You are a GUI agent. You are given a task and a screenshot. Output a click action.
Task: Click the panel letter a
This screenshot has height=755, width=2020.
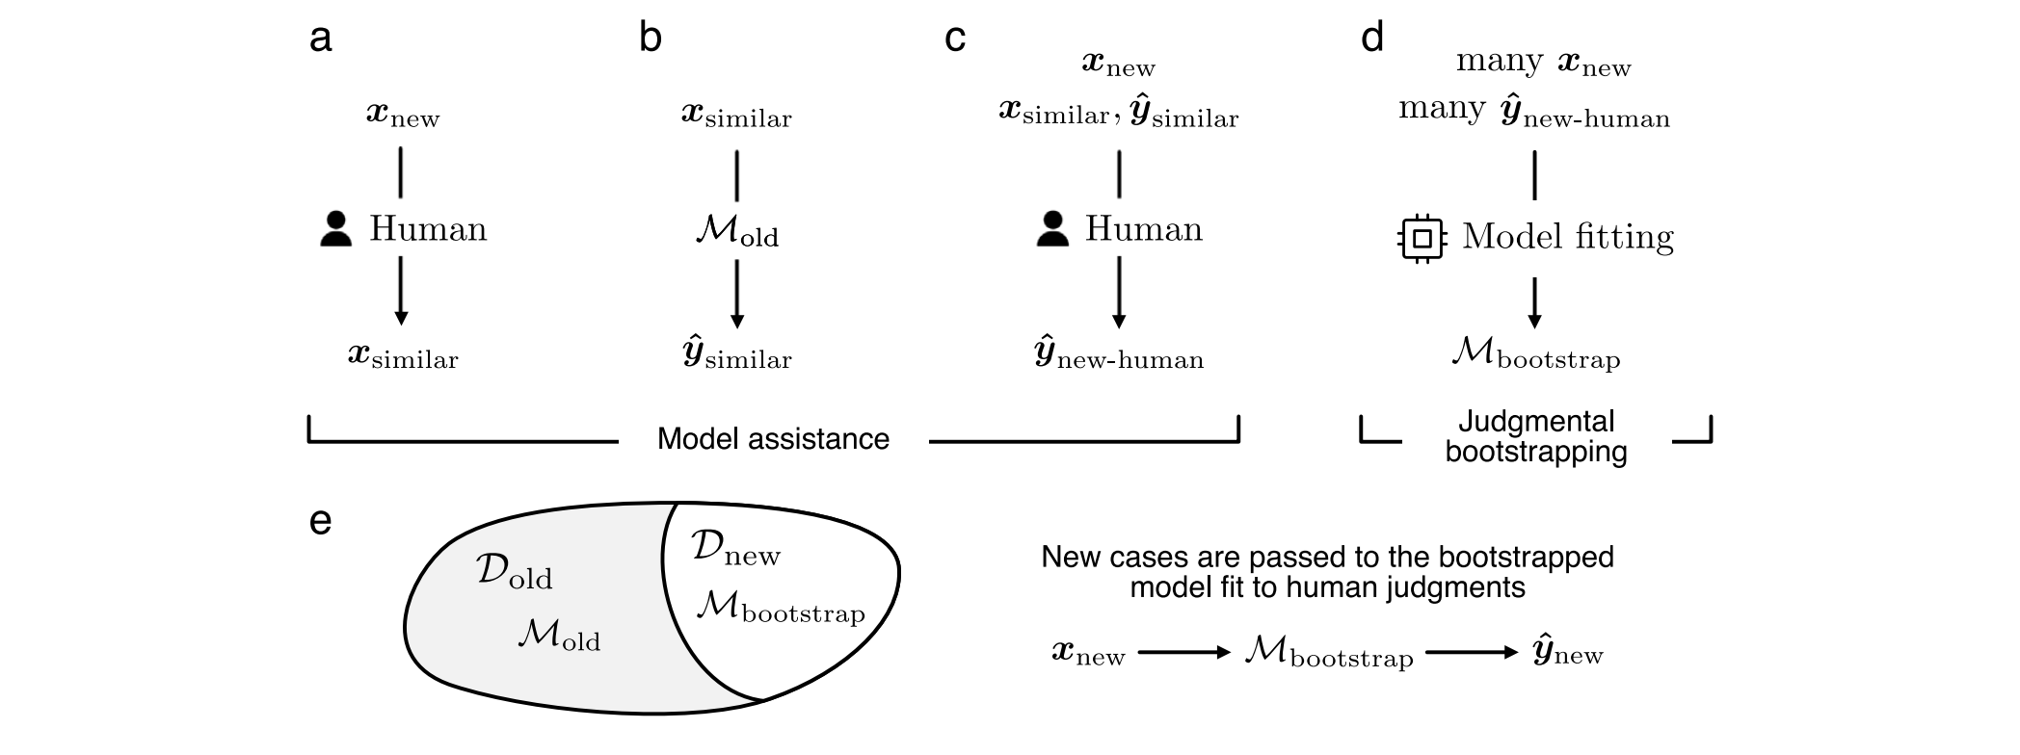tap(320, 39)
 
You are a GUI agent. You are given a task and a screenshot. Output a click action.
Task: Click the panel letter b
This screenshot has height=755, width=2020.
tap(651, 39)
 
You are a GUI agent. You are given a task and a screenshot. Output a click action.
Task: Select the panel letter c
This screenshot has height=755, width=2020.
tap(955, 39)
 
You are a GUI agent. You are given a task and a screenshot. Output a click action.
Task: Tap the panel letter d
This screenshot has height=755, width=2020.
tap(1371, 39)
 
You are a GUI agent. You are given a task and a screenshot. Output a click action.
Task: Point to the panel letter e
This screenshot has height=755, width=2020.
tap(320, 521)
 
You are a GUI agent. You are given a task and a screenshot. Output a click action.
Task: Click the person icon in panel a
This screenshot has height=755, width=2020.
tap(335, 230)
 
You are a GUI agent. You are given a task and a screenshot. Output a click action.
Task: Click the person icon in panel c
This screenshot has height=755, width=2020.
tap(1052, 230)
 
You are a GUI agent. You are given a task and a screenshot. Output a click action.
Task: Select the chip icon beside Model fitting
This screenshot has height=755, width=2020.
tap(1422, 238)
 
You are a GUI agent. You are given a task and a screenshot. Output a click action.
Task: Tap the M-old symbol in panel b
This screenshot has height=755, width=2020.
tap(736, 234)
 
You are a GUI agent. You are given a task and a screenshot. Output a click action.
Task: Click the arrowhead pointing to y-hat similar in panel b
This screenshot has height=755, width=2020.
tap(737, 320)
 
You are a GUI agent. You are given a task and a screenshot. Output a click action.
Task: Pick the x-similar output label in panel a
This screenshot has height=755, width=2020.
tap(403, 356)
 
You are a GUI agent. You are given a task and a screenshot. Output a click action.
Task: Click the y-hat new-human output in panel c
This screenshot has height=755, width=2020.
tap(1118, 356)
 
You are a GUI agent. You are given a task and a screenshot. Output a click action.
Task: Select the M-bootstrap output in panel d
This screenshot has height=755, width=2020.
tap(1535, 356)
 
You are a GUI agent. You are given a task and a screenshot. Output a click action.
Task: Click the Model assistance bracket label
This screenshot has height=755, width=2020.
tap(773, 439)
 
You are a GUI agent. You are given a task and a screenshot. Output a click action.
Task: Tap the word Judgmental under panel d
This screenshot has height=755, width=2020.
tap(1536, 422)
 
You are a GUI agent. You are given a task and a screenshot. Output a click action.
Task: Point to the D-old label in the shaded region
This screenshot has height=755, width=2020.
tap(514, 572)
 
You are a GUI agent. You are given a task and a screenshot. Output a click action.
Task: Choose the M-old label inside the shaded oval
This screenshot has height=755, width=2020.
tap(558, 636)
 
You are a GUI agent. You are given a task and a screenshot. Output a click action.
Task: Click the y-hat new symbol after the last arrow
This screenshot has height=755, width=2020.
tap(1567, 653)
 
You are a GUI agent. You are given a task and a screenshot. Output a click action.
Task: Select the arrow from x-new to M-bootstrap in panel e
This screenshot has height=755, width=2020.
tap(1184, 653)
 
